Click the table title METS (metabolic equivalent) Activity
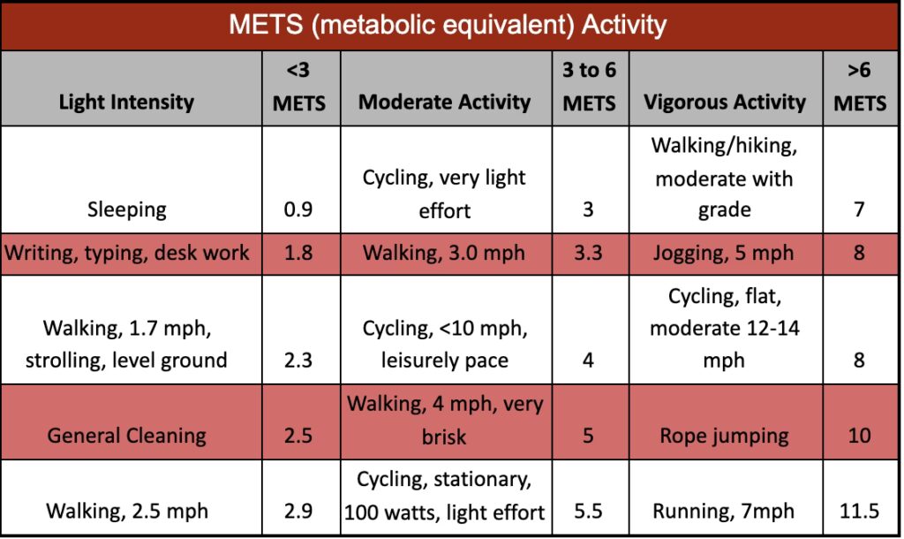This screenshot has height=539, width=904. (447, 25)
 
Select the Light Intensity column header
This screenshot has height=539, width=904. (126, 102)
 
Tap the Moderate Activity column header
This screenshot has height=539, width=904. (444, 102)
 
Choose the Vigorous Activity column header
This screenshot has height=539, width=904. (724, 102)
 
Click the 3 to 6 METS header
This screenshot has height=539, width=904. (589, 87)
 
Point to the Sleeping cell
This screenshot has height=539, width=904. (127, 209)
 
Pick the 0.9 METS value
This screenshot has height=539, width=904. (298, 210)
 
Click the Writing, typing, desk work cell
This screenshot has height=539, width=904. (127, 254)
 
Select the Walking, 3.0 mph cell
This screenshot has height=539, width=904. (444, 254)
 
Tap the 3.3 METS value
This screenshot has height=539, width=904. (589, 254)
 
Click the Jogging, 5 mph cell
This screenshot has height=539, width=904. (724, 254)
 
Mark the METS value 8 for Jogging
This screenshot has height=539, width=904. (859, 254)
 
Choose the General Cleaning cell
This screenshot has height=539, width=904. (127, 435)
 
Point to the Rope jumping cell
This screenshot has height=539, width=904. (724, 435)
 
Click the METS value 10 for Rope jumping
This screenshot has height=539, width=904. (859, 435)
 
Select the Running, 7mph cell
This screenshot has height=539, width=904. (724, 511)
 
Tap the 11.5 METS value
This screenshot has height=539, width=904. (859, 511)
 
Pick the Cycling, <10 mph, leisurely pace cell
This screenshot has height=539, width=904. (444, 345)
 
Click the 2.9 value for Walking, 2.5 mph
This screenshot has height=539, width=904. (298, 511)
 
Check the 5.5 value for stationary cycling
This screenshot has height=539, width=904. (589, 511)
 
